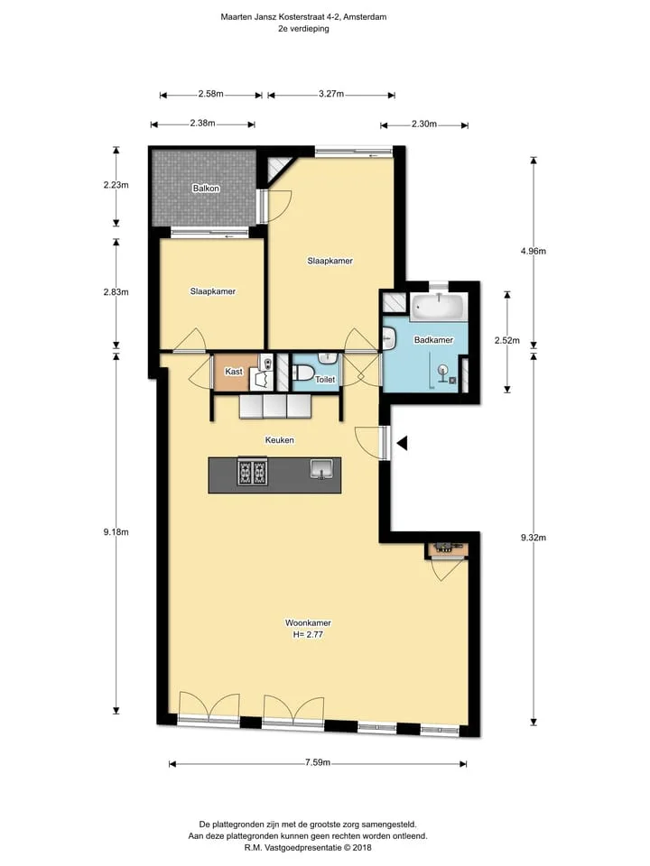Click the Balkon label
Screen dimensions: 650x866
[x=206, y=189]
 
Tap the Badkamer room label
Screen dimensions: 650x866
[x=433, y=340]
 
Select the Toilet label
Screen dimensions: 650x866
[x=325, y=380]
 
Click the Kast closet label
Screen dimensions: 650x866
[x=233, y=372]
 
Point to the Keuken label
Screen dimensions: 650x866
[x=279, y=440]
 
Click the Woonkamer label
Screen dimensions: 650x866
[x=308, y=623]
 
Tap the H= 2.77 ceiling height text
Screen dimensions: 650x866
[x=308, y=634]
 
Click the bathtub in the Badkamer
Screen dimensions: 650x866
[x=439, y=307]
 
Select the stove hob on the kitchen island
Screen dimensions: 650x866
[x=253, y=473]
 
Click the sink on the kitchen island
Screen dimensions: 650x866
[x=321, y=469]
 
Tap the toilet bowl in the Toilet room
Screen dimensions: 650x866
[x=303, y=373]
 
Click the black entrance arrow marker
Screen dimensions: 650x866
[x=403, y=442]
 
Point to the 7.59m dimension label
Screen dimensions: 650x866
[x=318, y=763]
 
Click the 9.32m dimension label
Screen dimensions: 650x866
[x=534, y=538]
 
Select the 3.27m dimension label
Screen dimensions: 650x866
[x=331, y=94]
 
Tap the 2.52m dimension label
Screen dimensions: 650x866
[x=506, y=341]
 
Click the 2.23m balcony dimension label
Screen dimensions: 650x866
[x=116, y=185]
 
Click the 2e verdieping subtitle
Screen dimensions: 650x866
[x=303, y=29]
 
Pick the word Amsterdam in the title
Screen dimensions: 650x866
[x=365, y=16]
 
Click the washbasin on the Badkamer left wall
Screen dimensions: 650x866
[x=388, y=338]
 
